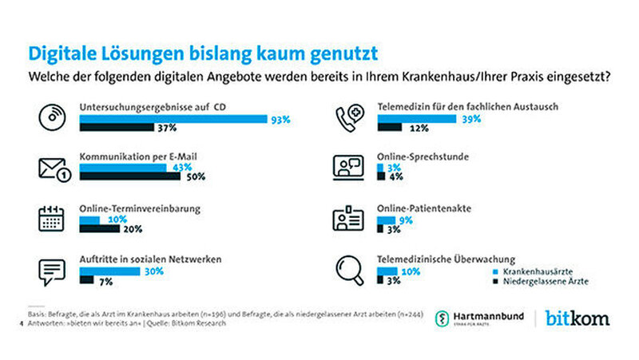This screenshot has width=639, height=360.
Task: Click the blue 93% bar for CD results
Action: [173, 119]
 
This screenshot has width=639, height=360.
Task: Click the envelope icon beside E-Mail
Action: [51, 168]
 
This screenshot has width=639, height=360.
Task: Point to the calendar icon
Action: [50, 219]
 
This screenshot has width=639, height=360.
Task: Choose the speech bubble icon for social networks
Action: [50, 271]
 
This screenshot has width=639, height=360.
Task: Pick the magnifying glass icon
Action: [348, 270]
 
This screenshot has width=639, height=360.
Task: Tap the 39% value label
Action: [472, 119]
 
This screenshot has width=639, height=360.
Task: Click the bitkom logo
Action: [577, 318]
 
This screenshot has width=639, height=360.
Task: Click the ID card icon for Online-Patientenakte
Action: [348, 220]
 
